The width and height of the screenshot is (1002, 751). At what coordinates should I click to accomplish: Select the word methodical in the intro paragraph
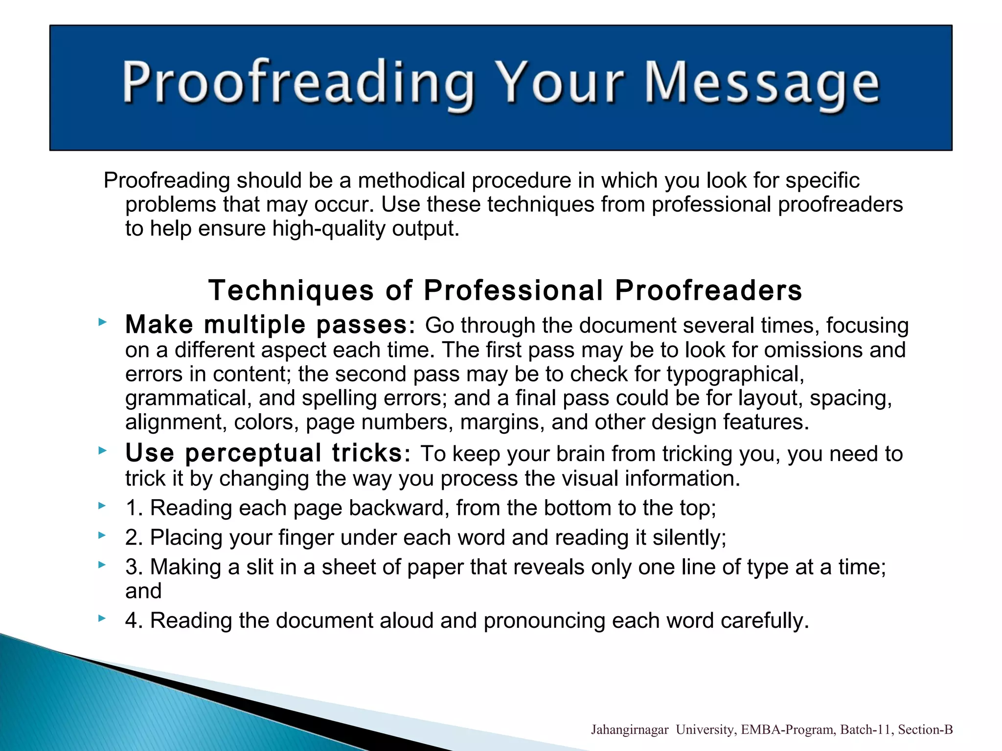point(414,180)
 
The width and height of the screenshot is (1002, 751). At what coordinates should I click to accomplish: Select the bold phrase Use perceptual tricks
point(264,453)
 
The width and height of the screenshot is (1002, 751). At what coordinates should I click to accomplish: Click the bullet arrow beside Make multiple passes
point(102,322)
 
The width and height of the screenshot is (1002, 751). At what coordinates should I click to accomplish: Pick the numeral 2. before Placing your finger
point(134,537)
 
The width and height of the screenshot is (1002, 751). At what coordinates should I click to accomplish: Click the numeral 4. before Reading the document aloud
point(134,620)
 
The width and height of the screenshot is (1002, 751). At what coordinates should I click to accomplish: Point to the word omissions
point(816,350)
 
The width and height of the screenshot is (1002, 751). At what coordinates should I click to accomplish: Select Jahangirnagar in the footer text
point(629,730)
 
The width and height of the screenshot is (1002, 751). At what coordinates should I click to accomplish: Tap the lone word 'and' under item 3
point(143,591)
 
